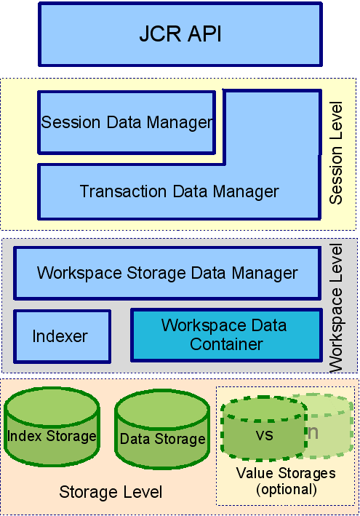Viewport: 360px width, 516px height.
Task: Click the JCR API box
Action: click(x=180, y=34)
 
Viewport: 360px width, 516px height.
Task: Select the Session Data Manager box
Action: click(x=127, y=122)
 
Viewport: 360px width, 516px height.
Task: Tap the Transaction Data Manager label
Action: click(x=179, y=191)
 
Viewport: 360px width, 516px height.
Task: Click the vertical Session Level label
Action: click(x=336, y=153)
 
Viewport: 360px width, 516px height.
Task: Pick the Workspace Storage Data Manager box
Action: click(x=167, y=273)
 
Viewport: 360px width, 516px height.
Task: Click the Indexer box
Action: click(x=62, y=336)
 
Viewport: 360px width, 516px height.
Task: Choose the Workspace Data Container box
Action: click(x=226, y=335)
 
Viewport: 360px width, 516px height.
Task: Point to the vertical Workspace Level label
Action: click(x=336, y=308)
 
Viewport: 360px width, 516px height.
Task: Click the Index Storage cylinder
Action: click(x=52, y=426)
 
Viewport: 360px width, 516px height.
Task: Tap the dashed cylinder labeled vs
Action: click(x=264, y=429)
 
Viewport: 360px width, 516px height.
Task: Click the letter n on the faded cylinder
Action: click(x=313, y=432)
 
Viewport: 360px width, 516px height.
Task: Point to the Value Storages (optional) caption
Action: click(x=286, y=481)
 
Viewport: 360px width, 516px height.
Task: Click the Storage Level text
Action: click(x=111, y=492)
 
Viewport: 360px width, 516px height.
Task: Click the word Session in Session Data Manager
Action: click(x=71, y=122)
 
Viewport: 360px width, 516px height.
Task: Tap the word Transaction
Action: click(x=124, y=191)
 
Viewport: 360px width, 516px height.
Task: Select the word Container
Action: click(x=226, y=344)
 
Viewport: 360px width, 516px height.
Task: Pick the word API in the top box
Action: click(x=205, y=33)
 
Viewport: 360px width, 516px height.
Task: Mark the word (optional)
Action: click(x=287, y=489)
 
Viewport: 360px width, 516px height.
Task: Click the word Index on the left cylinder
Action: click(x=25, y=436)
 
